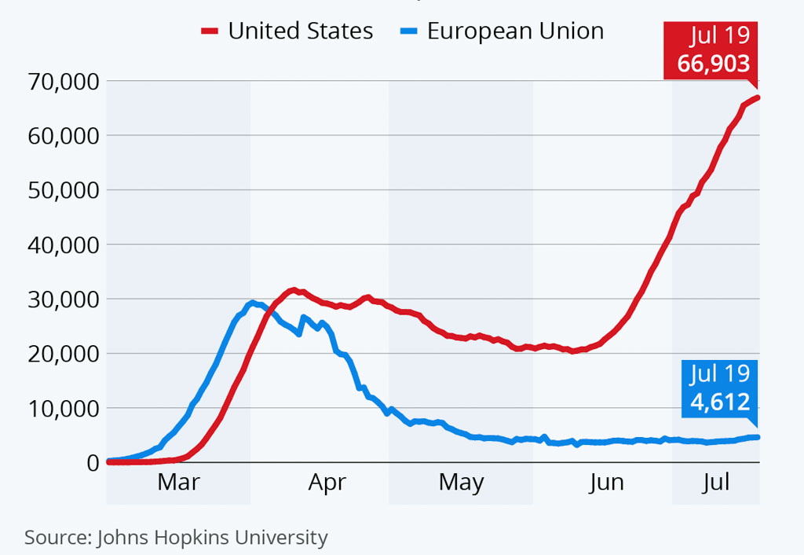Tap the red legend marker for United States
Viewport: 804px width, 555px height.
(210, 31)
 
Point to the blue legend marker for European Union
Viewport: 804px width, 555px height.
(408, 31)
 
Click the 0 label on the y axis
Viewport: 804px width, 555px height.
(91, 462)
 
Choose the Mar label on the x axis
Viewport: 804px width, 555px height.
(178, 482)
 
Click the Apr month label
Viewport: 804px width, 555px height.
(327, 482)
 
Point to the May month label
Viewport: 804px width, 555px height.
(461, 482)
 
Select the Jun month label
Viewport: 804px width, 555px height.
(607, 482)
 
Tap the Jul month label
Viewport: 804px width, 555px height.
(716, 482)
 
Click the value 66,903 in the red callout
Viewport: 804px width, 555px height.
(714, 63)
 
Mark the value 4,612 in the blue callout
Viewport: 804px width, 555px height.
(720, 402)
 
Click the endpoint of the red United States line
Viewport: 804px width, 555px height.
(757, 97)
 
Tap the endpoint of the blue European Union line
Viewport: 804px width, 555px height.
(757, 437)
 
